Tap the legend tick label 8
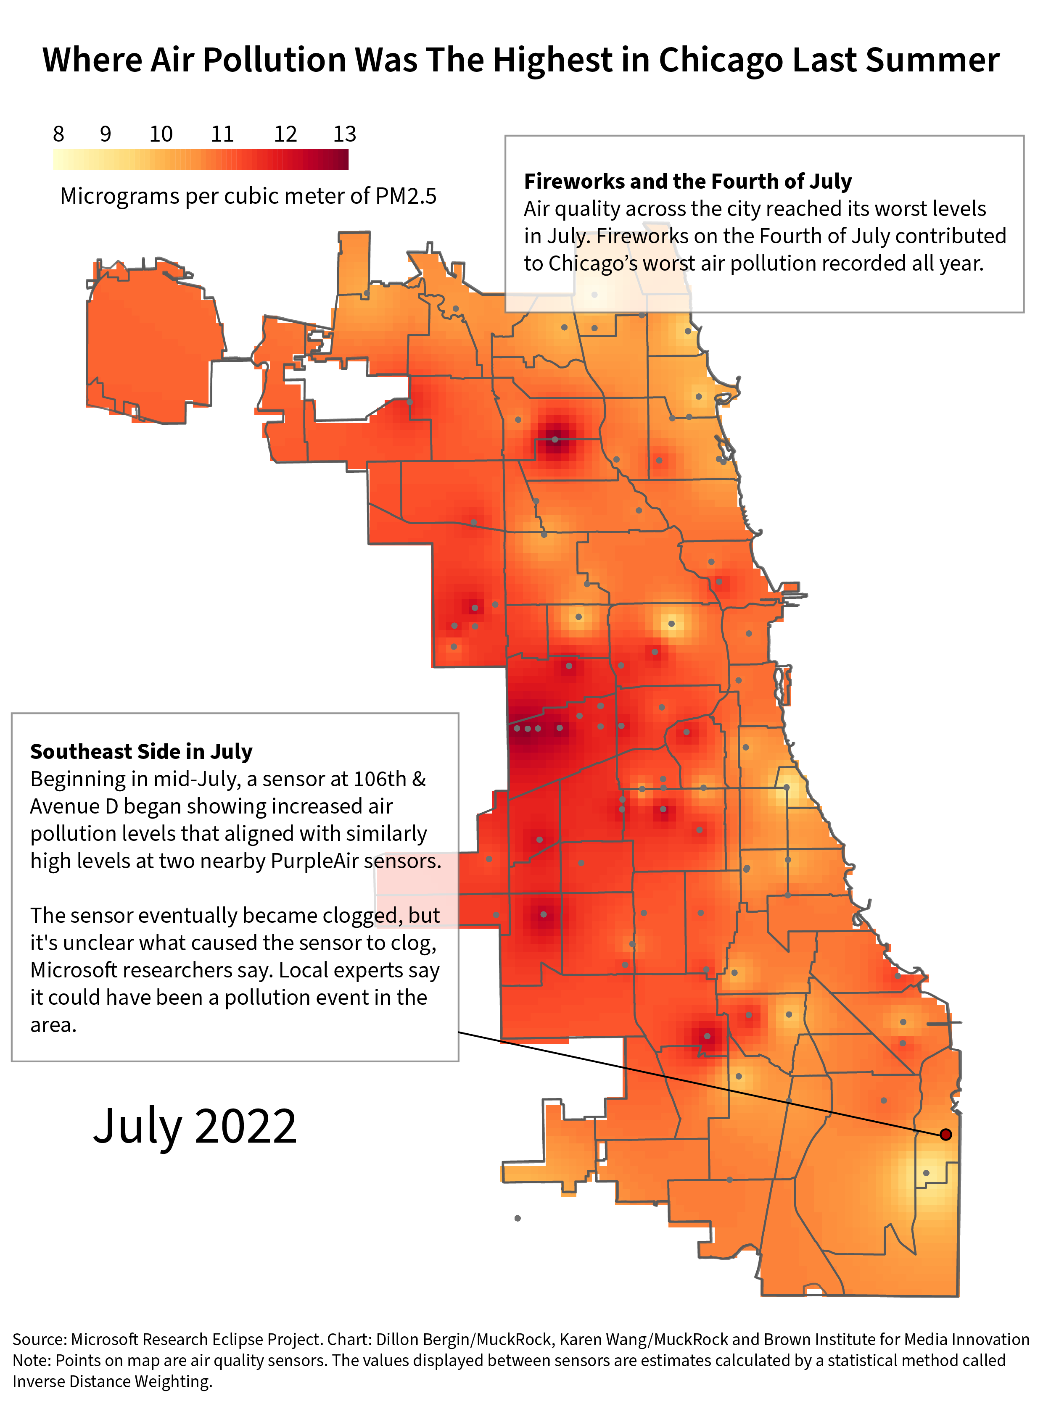click(58, 134)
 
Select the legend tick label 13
click(345, 134)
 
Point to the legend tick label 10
click(161, 134)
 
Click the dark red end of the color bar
click(342, 160)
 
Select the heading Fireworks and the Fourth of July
click(687, 182)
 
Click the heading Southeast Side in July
click(141, 752)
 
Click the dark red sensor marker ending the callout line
click(945, 1134)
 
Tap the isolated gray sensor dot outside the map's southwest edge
click(518, 1218)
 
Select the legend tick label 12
click(285, 134)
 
